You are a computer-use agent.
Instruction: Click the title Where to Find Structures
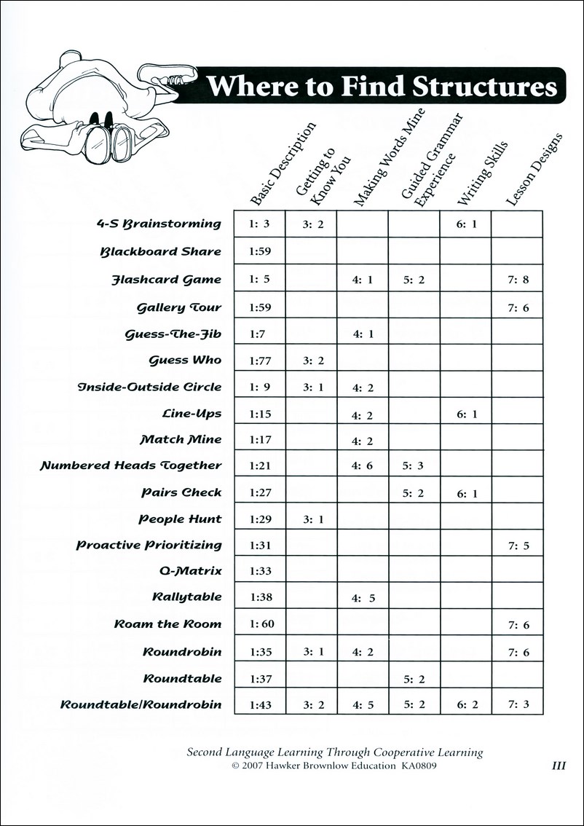[382, 87]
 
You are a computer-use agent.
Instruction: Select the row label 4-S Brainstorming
[158, 224]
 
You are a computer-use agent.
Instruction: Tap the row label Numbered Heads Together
[130, 465]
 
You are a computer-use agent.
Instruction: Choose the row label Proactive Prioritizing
[149, 545]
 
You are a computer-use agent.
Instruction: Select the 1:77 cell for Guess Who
[259, 360]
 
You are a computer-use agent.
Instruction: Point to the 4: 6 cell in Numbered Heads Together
[362, 465]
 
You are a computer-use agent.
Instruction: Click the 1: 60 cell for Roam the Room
[260, 624]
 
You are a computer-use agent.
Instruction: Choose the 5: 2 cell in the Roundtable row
[413, 679]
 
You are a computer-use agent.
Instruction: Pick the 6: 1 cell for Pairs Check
[466, 493]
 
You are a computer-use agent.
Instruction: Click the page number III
[559, 766]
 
